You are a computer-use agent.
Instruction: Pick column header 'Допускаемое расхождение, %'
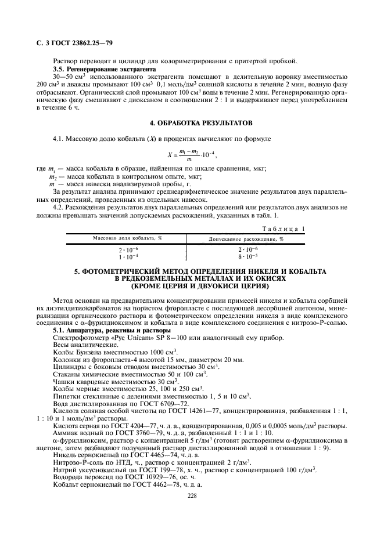(x=246, y=238)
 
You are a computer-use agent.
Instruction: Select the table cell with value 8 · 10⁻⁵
(x=246, y=256)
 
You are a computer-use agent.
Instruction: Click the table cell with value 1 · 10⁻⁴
(x=128, y=256)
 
